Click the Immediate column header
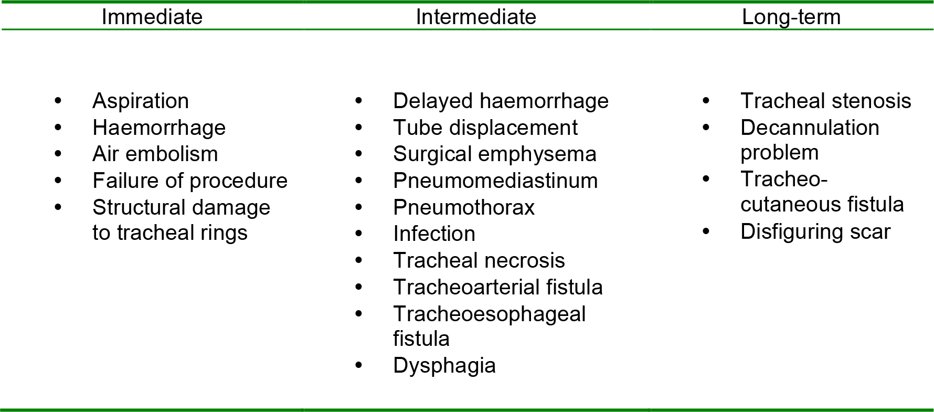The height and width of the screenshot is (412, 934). point(152,17)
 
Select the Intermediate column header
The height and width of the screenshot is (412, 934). point(475,17)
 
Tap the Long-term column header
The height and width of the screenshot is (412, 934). point(791,17)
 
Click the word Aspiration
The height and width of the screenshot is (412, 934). point(141,101)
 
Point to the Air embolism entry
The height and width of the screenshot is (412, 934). point(155,154)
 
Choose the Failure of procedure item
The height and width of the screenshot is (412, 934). point(190,181)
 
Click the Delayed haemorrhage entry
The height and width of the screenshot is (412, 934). point(501,101)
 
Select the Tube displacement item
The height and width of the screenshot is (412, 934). point(485,128)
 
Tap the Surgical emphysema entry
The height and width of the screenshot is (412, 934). point(494,154)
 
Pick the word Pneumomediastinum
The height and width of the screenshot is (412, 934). point(495,181)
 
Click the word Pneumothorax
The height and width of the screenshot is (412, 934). point(464,207)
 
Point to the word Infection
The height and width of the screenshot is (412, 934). point(434,234)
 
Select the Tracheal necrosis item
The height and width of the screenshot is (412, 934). point(479,260)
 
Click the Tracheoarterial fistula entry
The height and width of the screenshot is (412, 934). point(497,287)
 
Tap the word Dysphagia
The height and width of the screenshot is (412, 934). point(444,366)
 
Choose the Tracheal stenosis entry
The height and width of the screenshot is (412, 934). point(825,101)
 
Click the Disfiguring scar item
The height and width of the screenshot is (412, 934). point(815,231)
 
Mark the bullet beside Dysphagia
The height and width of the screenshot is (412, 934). point(358,365)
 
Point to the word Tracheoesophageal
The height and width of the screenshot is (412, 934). point(489,314)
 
